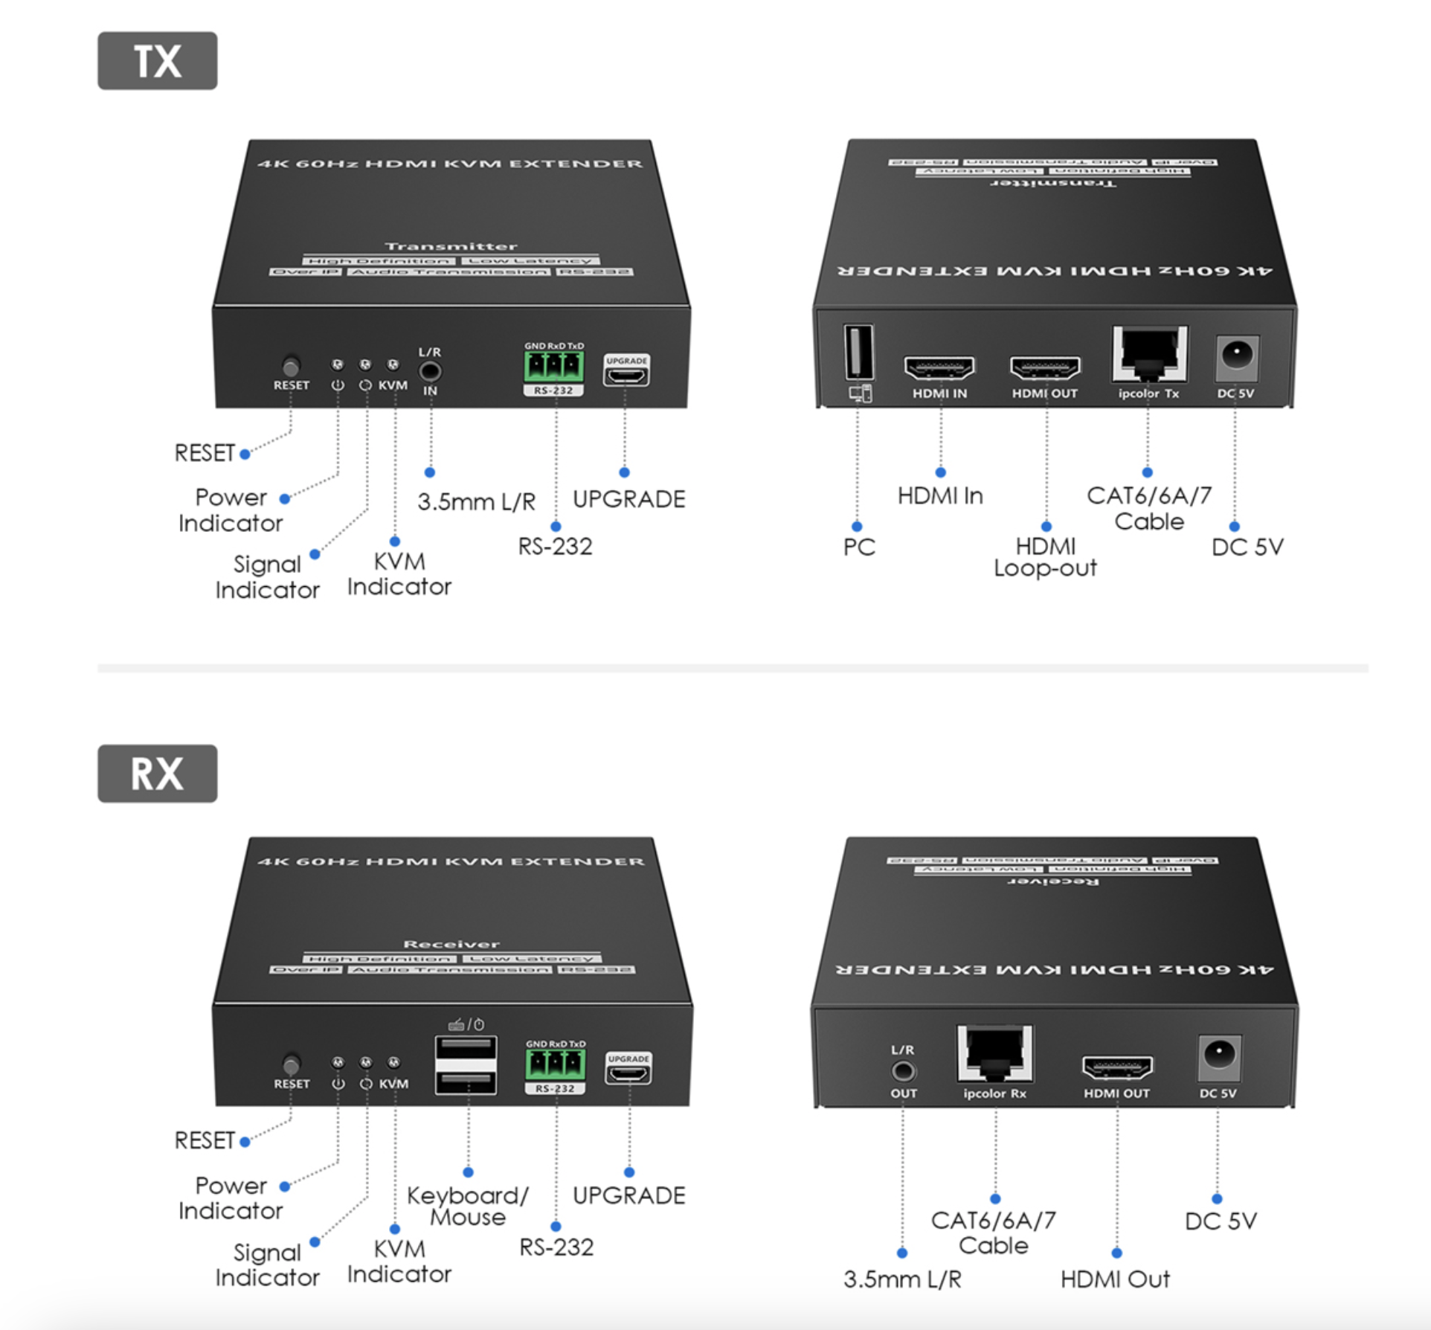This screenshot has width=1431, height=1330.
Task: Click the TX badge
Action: tap(157, 61)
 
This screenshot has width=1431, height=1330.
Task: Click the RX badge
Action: tap(157, 774)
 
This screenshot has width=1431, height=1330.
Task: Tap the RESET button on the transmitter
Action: tap(291, 367)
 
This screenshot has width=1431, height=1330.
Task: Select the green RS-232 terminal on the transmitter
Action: tap(553, 366)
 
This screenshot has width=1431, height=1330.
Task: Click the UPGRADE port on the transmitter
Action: tap(626, 374)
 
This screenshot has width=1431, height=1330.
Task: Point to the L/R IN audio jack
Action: tap(430, 370)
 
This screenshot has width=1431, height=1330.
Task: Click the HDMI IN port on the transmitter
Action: tap(939, 367)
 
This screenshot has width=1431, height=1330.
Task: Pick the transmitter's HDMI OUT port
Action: tap(1044, 367)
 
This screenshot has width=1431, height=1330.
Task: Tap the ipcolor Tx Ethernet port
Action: tap(1149, 354)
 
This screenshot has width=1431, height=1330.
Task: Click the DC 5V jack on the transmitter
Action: tap(1236, 355)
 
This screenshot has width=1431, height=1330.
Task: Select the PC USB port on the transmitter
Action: tap(858, 351)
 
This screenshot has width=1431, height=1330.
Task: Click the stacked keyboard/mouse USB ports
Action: tap(466, 1064)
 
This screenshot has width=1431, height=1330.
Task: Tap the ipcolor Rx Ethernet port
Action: tap(994, 1053)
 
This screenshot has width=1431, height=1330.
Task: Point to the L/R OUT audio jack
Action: tap(903, 1071)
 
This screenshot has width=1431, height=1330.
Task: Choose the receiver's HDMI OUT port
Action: tap(1116, 1067)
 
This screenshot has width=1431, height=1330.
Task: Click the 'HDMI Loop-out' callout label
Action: tap(1045, 557)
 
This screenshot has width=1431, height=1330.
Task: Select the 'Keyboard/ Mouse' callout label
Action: tap(467, 1206)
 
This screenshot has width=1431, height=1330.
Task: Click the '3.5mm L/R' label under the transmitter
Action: tap(476, 502)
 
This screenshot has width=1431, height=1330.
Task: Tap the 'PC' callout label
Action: tap(859, 547)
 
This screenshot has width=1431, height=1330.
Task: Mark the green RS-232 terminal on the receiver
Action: tap(555, 1064)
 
